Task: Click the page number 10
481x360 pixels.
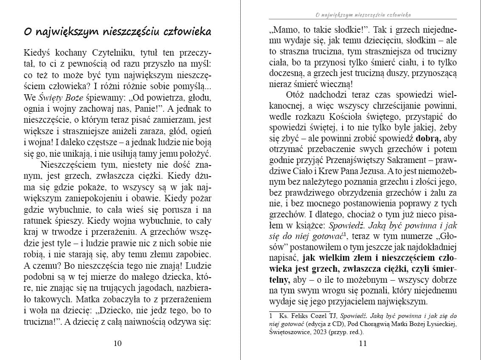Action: coord(118,343)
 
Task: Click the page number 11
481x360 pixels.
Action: coord(363,343)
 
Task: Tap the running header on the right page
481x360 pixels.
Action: coord(363,15)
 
